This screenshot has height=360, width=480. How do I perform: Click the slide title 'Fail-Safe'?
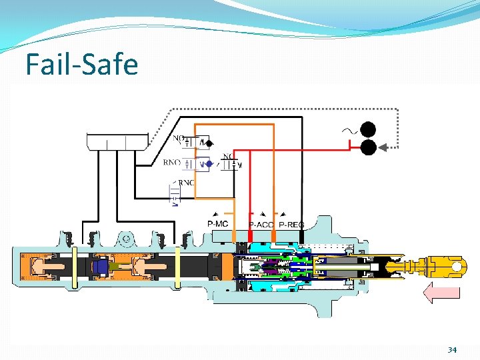pyautogui.click(x=81, y=65)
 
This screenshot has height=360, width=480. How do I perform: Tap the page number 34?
pyautogui.click(x=452, y=349)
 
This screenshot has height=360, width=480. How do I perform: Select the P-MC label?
pyautogui.click(x=218, y=223)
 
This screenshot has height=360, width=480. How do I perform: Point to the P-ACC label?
pyautogui.click(x=261, y=225)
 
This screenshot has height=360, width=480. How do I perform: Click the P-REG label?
pyautogui.click(x=291, y=225)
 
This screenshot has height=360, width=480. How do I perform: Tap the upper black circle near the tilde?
pyautogui.click(x=368, y=129)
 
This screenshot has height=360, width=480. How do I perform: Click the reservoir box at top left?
pyautogui.click(x=117, y=141)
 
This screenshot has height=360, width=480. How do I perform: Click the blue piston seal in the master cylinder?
pyautogui.click(x=101, y=267)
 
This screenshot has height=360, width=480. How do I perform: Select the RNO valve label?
pyautogui.click(x=171, y=162)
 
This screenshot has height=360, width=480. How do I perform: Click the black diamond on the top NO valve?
pyautogui.click(x=209, y=143)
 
